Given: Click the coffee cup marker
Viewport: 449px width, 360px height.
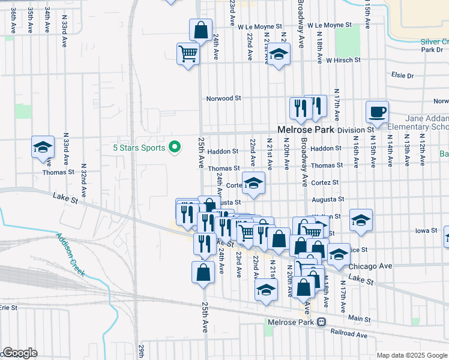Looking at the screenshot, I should [x=377, y=112].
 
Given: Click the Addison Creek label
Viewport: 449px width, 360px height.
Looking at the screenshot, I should [x=71, y=256].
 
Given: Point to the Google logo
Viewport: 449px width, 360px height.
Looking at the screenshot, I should [x=19, y=353].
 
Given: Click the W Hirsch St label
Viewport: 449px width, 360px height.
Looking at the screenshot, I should [x=343, y=60].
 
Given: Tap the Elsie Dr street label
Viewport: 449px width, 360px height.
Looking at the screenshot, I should [x=402, y=76].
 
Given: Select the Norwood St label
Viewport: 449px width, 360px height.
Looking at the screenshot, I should [x=223, y=98].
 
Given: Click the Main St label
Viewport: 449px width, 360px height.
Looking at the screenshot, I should [x=359, y=319].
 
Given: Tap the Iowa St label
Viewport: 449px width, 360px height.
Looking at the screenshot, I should [x=426, y=230].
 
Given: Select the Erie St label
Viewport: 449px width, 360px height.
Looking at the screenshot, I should [x=8, y=307].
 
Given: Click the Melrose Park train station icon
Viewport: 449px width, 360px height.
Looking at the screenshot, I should [x=322, y=322].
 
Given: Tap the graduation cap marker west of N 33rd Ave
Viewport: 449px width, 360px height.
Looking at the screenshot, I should [x=43, y=147].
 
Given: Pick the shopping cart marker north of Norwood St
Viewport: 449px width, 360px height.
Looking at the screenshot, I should [x=188, y=53].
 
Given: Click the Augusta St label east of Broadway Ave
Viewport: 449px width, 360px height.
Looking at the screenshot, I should [x=328, y=199].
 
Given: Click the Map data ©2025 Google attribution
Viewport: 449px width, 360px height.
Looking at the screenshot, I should [x=412, y=355].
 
